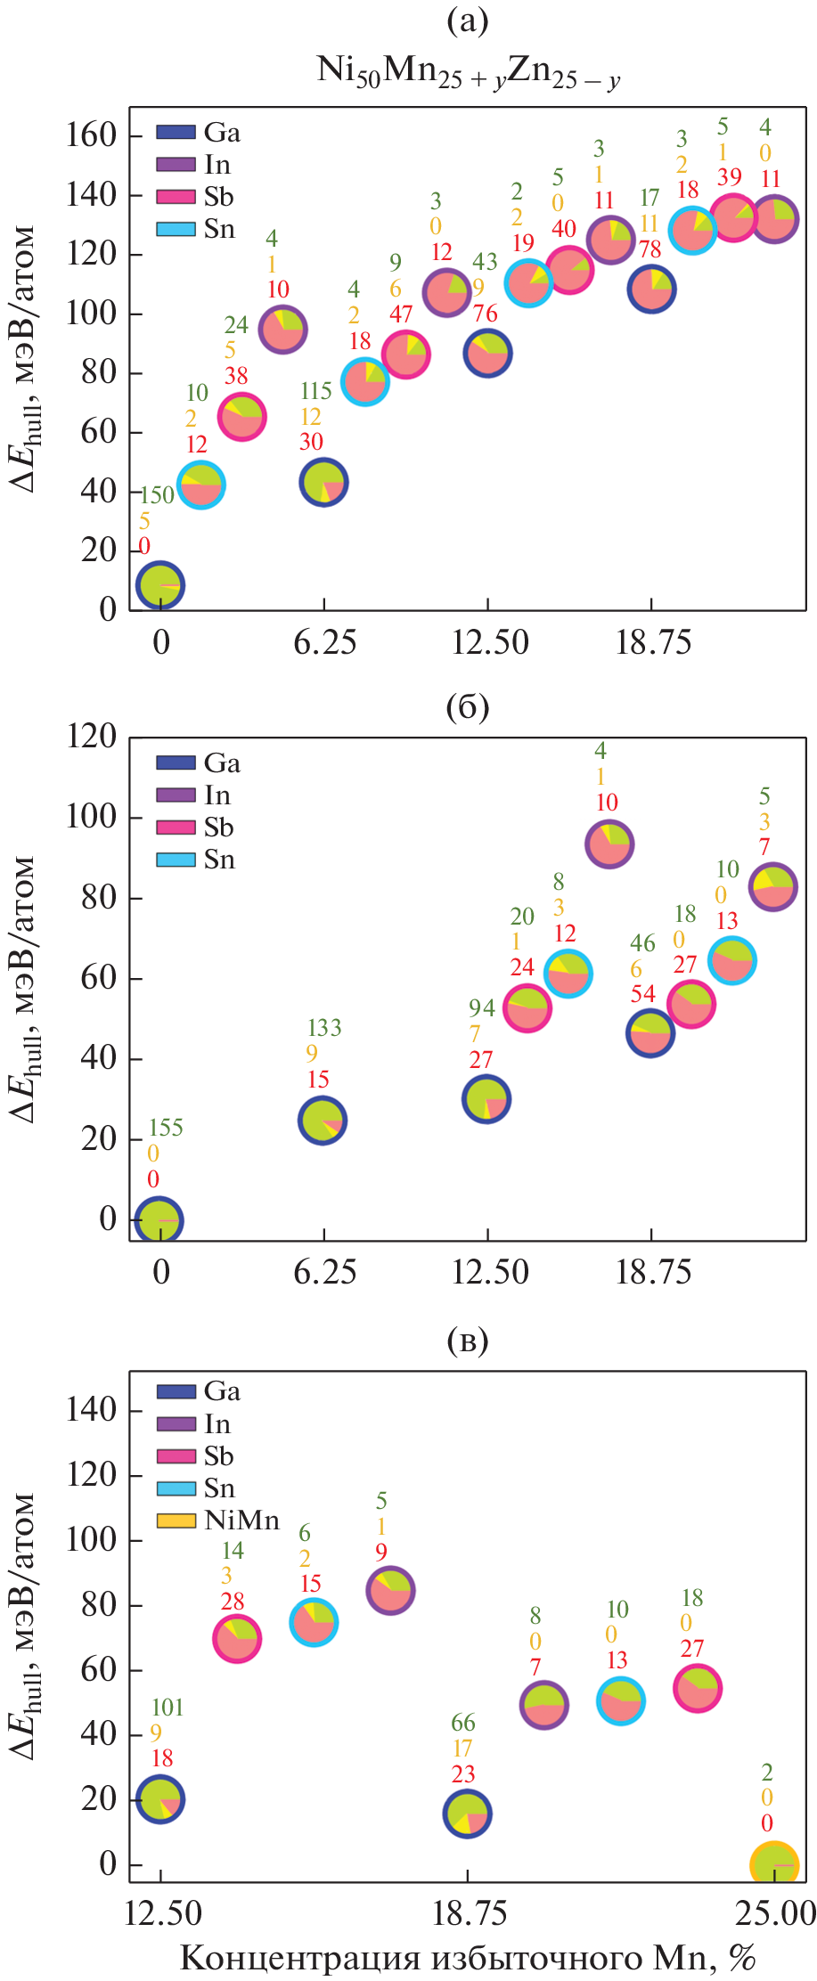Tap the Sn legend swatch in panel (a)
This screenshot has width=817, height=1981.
point(176,229)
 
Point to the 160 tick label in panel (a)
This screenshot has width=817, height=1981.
point(92,135)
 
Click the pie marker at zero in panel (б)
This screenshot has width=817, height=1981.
point(159,1219)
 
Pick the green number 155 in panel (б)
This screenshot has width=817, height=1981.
point(166,1128)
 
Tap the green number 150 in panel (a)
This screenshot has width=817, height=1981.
point(158,495)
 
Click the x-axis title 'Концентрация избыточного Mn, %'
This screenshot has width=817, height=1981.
point(468,1958)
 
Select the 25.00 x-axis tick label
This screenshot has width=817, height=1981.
point(774,1913)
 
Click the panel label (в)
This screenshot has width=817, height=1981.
point(468,1341)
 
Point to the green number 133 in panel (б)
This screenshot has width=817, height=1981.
point(324,1028)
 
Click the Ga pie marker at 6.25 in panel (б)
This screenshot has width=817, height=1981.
point(323,1121)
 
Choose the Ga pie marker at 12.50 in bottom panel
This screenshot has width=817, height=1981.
point(160,1799)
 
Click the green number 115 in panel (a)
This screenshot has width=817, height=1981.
point(316,391)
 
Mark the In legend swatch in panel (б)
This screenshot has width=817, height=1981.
point(176,795)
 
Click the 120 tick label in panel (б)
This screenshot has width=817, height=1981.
point(92,737)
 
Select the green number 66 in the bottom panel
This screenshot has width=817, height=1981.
point(463,1723)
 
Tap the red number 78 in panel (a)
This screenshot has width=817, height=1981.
point(650,249)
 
